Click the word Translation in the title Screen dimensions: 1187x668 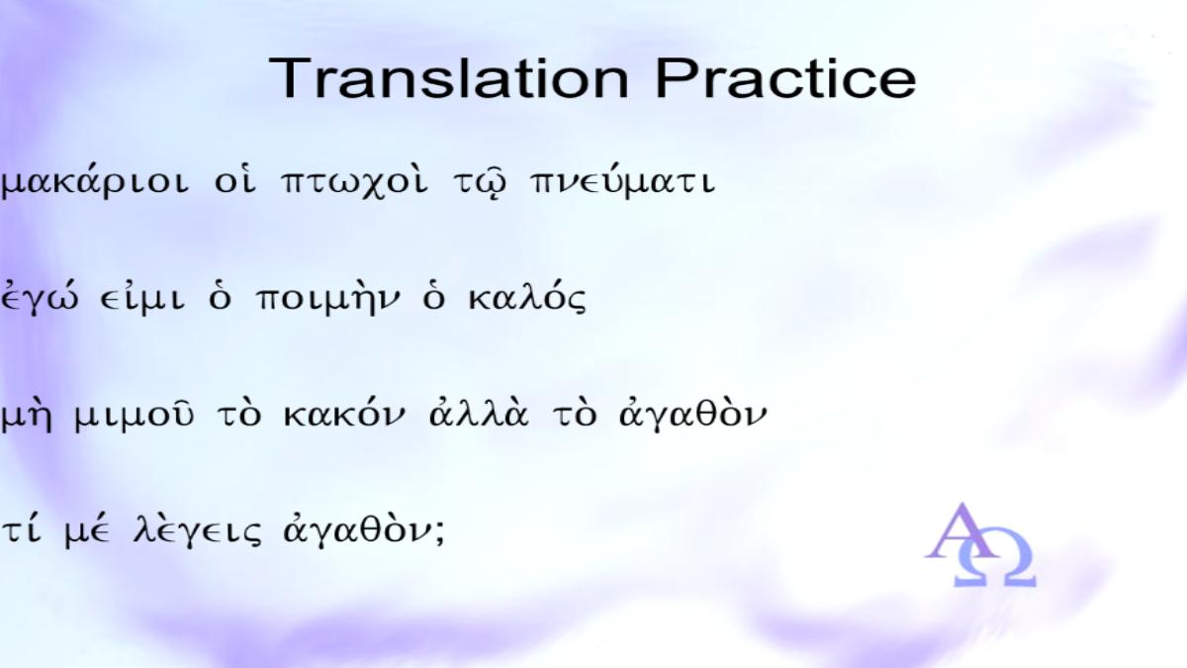tap(449, 78)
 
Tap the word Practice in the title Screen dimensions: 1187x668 tap(786, 78)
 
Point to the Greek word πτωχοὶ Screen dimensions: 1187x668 tap(353, 182)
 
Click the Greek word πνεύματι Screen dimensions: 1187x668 tap(622, 182)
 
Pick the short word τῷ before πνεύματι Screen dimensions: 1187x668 tap(480, 183)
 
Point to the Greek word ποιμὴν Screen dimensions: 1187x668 tap(328, 299)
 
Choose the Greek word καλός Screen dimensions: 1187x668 tap(527, 299)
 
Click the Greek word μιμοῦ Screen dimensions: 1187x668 tap(134, 416)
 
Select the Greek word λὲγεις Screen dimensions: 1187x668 tap(197, 530)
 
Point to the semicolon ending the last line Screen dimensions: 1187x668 tap(438, 532)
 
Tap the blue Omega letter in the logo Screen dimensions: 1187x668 tap(995, 562)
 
